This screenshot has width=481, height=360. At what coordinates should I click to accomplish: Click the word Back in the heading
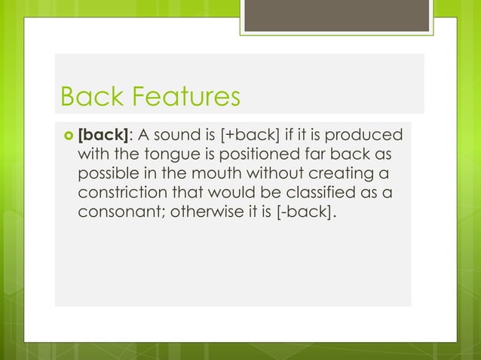click(x=87, y=97)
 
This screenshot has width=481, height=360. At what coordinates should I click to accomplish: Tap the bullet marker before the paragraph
click(x=66, y=137)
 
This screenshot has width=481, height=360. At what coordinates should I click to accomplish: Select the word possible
click(x=108, y=175)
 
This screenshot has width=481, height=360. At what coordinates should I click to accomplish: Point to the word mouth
click(x=209, y=175)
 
